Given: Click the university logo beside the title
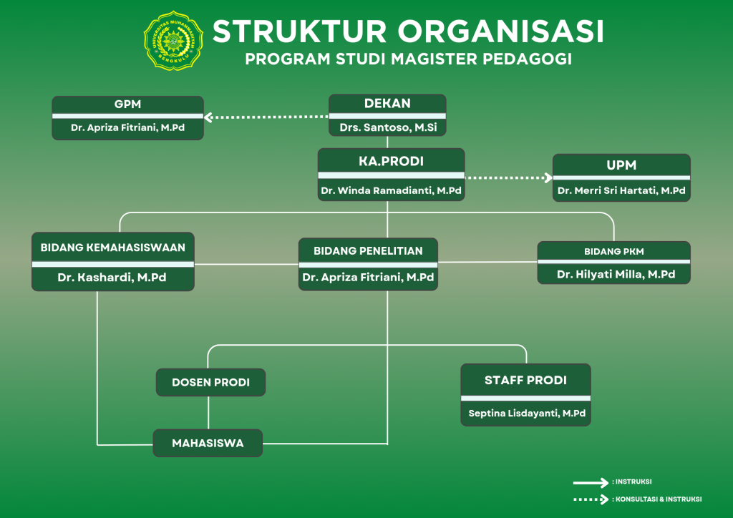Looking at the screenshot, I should tap(173, 41).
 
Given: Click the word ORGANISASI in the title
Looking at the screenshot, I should tap(500, 31).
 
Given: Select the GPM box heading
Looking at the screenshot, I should tap(127, 104).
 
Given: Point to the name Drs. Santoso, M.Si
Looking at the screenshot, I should tap(387, 128).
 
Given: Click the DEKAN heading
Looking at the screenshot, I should tap(387, 104).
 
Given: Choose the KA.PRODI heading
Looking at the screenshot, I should tap(391, 161).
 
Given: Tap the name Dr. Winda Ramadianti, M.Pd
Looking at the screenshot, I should tap(391, 190).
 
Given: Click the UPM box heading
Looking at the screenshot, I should tap(621, 165).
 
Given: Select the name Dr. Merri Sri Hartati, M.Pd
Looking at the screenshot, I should tap(621, 191).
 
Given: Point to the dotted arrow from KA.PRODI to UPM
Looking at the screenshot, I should tap(509, 177).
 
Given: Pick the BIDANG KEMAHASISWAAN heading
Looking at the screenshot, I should tap(113, 248).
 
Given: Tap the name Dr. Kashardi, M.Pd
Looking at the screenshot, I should tap(112, 278).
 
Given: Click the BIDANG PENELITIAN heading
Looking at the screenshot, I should tap(368, 251).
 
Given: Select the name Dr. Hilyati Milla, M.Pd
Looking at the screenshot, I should tap(613, 275).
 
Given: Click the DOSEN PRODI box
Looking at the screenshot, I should tap(210, 383).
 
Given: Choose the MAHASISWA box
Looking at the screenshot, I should tap(208, 443).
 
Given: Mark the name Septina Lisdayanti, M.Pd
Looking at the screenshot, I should tap(525, 414).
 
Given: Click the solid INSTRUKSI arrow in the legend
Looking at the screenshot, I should tap(590, 482).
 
